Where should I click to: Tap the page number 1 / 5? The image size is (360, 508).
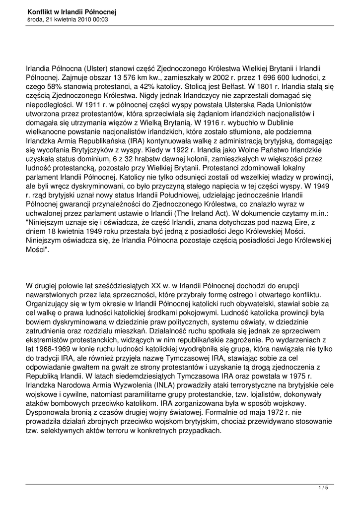[323, 488]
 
